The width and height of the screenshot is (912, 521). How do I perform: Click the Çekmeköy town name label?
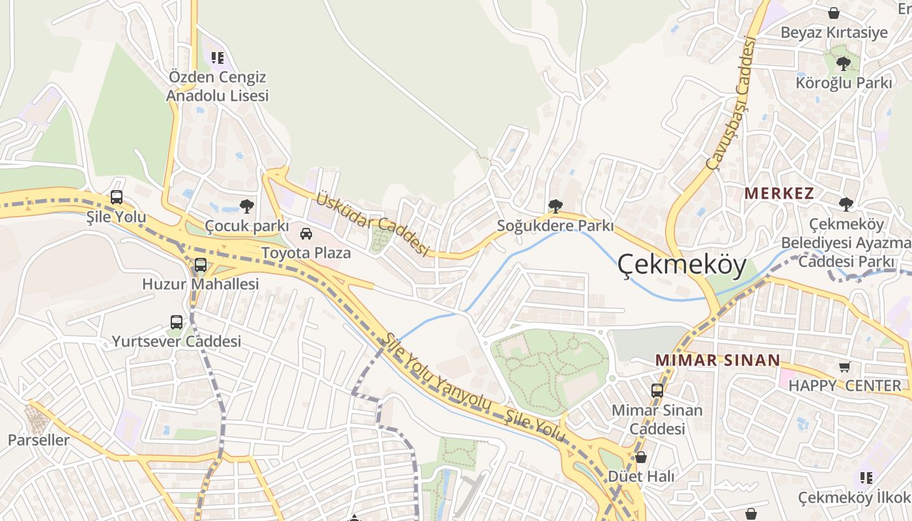click(681, 265)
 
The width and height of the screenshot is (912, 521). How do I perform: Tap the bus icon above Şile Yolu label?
click(117, 197)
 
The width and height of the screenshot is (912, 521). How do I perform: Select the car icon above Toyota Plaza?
click(306, 233)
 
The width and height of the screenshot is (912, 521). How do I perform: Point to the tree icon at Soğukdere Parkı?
click(555, 206)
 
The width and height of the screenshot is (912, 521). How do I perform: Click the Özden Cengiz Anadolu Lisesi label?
click(217, 86)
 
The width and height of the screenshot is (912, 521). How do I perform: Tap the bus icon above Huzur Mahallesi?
click(201, 265)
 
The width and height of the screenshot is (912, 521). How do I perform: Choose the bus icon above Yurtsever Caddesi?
click(177, 322)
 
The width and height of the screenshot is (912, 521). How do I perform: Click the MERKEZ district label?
click(779, 193)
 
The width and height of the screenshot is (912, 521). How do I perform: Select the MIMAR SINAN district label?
click(717, 360)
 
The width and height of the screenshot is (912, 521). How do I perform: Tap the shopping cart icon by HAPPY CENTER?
click(845, 367)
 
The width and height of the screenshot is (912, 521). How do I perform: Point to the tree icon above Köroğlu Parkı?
click(843, 64)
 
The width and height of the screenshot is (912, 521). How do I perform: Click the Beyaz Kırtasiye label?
click(834, 33)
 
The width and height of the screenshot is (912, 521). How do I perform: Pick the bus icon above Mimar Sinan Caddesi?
click(657, 391)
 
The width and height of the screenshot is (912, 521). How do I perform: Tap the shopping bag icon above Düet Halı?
click(641, 457)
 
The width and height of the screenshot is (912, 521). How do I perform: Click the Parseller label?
click(38, 440)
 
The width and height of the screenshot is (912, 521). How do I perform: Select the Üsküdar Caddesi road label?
click(372, 223)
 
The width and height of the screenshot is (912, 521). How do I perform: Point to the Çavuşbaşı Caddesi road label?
click(730, 104)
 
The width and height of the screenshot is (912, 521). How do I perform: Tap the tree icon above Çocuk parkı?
click(246, 206)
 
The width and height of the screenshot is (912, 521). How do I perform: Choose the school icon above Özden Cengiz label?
click(218, 58)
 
